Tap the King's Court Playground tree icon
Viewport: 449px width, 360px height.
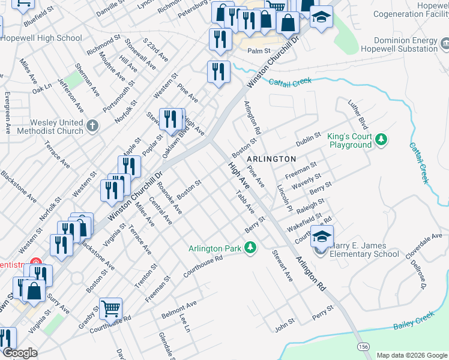(x=380, y=140)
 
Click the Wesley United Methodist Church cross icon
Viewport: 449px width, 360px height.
(x=91, y=126)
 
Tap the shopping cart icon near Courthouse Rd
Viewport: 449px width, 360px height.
(x=111, y=310)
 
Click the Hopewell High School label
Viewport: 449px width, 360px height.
(x=41, y=38)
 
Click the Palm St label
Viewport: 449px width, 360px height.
(x=260, y=51)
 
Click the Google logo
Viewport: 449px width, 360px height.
(x=20, y=353)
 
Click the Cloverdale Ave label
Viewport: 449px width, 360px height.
(x=424, y=247)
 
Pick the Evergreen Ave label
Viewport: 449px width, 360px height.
(x=7, y=113)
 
